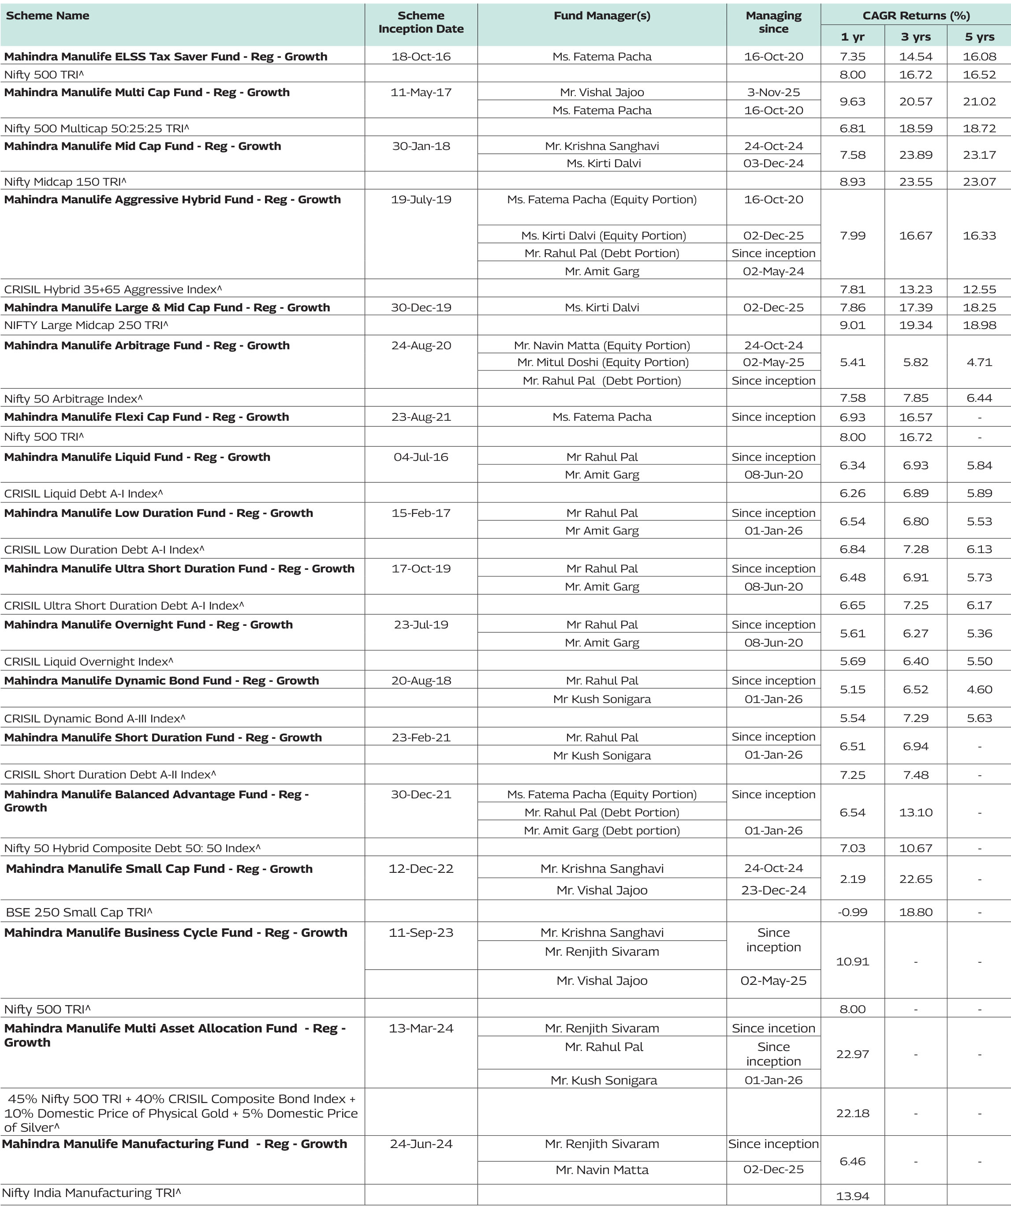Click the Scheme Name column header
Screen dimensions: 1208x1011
(48, 15)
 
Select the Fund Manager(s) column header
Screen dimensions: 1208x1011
(601, 15)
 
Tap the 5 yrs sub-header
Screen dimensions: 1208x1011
(979, 37)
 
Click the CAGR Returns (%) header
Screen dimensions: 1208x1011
(915, 15)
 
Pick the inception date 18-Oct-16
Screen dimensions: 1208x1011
(421, 56)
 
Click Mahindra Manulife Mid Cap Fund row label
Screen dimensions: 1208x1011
(142, 146)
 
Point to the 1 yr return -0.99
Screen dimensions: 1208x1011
(852, 912)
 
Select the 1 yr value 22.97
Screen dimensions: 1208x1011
(852, 1054)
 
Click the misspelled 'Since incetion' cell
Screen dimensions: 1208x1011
(773, 1028)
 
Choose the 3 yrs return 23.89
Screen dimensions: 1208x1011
(915, 155)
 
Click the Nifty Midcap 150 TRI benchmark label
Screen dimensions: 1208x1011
(65, 182)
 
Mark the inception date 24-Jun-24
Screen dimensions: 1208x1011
(421, 1144)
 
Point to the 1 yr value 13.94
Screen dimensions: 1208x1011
(852, 1196)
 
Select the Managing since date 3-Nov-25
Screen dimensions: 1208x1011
(773, 92)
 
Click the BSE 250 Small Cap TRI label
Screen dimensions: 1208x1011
(79, 912)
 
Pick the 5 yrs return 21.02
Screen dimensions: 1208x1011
(979, 101)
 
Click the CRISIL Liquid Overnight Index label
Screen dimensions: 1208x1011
(89, 662)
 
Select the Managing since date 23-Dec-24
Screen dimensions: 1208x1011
(773, 890)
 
